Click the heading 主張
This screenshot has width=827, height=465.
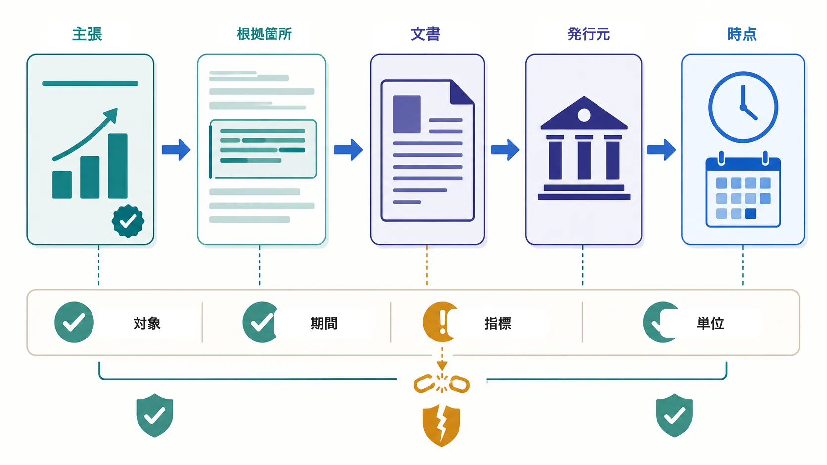pyautogui.click(x=87, y=34)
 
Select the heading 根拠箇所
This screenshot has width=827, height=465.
pyautogui.click(x=264, y=34)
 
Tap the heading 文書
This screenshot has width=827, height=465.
pyautogui.click(x=426, y=34)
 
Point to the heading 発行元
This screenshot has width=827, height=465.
pyautogui.click(x=589, y=34)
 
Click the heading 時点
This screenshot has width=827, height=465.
pyautogui.click(x=742, y=34)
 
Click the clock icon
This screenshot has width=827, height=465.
pyautogui.click(x=743, y=107)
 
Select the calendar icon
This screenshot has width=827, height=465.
pyautogui.click(x=743, y=189)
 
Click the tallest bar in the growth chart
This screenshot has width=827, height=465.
pyautogui.click(x=118, y=166)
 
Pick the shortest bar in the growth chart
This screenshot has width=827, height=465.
pyautogui.click(x=62, y=185)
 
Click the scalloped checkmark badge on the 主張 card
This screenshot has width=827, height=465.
pyautogui.click(x=128, y=221)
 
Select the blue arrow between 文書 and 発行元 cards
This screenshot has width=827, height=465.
pyautogui.click(x=505, y=150)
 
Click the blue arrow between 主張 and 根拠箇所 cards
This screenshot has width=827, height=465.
pyautogui.click(x=176, y=150)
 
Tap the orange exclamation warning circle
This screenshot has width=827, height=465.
pyautogui.click(x=439, y=322)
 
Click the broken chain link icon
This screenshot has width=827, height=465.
pyautogui.click(x=442, y=383)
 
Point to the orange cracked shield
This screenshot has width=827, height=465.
pyautogui.click(x=442, y=425)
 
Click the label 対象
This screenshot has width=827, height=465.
pyautogui.click(x=147, y=323)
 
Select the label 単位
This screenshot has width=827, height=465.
pyautogui.click(x=710, y=323)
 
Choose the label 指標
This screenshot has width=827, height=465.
pyautogui.click(x=498, y=323)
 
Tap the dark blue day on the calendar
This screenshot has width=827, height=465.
pyautogui.click(x=750, y=213)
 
